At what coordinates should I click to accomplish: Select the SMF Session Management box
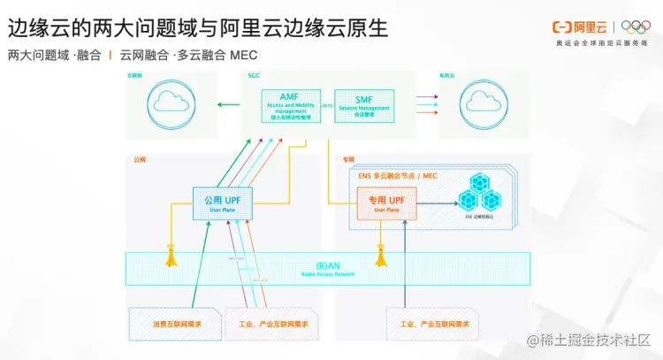pos(363,105)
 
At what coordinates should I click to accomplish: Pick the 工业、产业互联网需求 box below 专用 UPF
pos(429,325)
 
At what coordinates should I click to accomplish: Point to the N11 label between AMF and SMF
pos(326,105)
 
